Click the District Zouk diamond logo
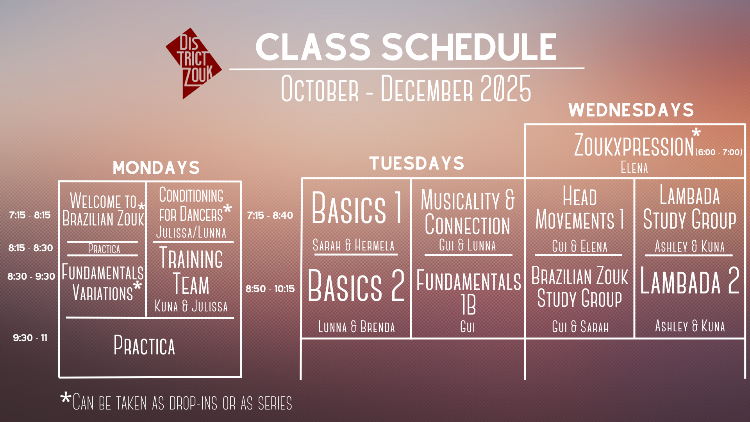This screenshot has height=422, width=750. pyautogui.click(x=194, y=63)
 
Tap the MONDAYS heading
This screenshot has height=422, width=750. pyautogui.click(x=156, y=168)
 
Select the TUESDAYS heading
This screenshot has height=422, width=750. pyautogui.click(x=417, y=163)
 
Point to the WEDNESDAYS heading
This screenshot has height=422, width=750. pyautogui.click(x=631, y=110)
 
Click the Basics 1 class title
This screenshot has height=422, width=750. pyautogui.click(x=357, y=208)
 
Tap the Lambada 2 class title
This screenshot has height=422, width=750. pyautogui.click(x=690, y=281)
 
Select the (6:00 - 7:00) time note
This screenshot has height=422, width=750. pyautogui.click(x=719, y=152)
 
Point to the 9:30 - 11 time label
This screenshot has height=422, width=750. pyautogui.click(x=30, y=338)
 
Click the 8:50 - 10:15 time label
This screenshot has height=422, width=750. pyautogui.click(x=270, y=289)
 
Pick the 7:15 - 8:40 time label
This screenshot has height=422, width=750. pyautogui.click(x=270, y=215)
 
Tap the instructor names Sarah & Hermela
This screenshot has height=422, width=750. pyautogui.click(x=354, y=245)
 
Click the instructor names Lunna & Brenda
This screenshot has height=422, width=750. pyautogui.click(x=357, y=326)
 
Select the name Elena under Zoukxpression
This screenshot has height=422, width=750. pyautogui.click(x=634, y=168)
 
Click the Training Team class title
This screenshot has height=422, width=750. pyautogui.click(x=191, y=271)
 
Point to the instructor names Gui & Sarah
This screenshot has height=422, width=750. pyautogui.click(x=580, y=326)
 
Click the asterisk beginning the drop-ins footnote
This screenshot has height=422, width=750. pyautogui.click(x=66, y=399)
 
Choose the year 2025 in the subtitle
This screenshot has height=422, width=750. pyautogui.click(x=506, y=89)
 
